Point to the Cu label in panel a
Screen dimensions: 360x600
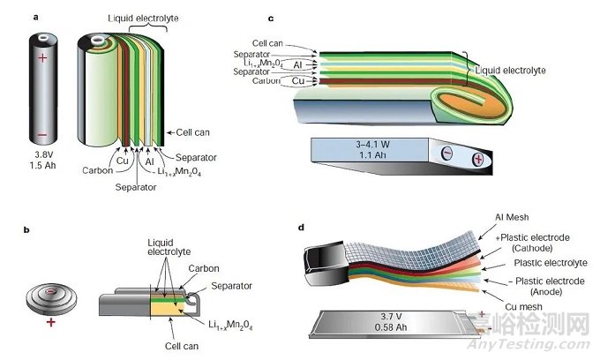pyautogui.click(x=121, y=161)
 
